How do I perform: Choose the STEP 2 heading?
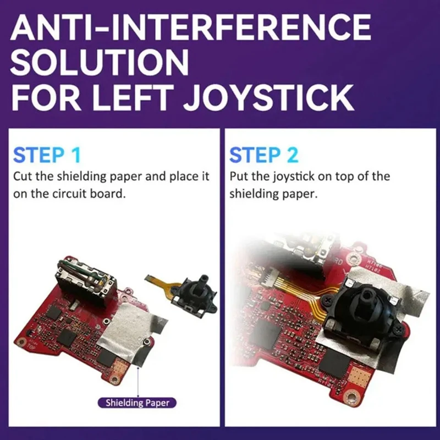pos(264,155)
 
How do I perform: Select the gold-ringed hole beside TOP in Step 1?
pos(23,342)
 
